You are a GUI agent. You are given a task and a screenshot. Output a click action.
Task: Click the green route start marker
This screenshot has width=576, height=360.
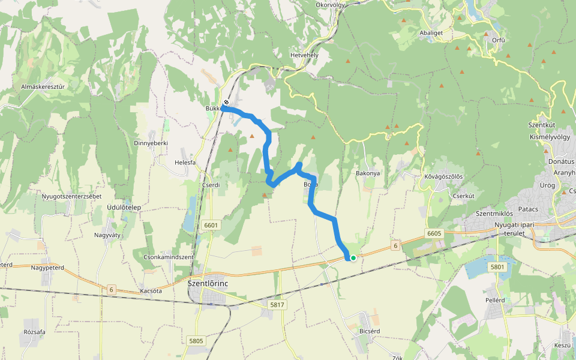353,258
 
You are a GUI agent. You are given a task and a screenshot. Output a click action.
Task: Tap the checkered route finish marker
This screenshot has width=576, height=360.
226,102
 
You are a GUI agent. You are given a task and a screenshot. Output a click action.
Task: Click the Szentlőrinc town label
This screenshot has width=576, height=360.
208,283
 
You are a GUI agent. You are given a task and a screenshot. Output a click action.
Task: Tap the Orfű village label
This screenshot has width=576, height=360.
498,40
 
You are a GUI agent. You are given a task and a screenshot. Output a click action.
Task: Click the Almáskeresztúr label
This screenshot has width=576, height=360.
43,86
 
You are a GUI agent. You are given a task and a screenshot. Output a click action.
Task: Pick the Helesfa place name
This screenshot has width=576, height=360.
185,162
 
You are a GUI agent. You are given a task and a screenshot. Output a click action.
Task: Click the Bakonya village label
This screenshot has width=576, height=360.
368,173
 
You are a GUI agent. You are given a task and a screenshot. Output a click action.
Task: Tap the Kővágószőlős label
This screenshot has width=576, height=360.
443,176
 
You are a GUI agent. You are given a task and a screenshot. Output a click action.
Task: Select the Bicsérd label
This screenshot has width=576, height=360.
370,331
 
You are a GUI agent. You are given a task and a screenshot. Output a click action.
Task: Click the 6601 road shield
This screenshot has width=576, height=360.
211,226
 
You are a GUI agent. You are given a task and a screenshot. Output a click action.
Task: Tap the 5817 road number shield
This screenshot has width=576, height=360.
277,305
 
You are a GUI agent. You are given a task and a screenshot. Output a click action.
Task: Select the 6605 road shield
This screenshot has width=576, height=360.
434,233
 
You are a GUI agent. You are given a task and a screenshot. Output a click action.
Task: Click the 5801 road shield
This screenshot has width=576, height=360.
497,266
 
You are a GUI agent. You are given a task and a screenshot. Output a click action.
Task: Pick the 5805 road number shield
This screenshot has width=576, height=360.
196,341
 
